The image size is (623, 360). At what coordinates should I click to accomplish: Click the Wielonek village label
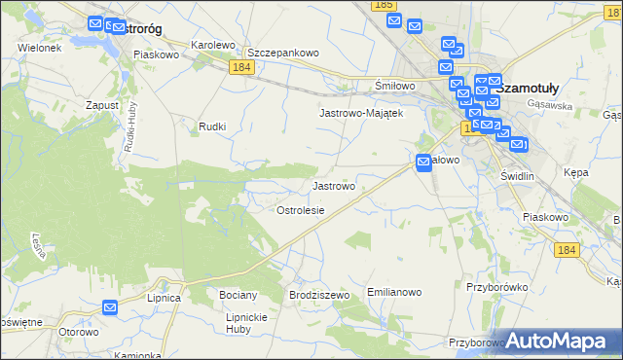click(39, 47)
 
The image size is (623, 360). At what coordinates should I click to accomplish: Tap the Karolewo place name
click(213, 45)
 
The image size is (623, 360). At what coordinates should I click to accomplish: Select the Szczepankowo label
click(283, 53)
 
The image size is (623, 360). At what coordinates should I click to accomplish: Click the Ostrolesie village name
click(300, 210)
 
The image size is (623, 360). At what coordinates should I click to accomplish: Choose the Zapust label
click(102, 104)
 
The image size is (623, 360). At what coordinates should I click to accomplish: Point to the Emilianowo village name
click(394, 292)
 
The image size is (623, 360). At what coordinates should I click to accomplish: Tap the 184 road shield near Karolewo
click(242, 67)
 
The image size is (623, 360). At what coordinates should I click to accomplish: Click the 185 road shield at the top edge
click(384, 6)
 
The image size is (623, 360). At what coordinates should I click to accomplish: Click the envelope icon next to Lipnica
click(110, 307)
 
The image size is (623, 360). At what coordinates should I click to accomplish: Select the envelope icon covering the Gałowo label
click(424, 162)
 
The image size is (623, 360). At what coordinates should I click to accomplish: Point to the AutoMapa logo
click(558, 341)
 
